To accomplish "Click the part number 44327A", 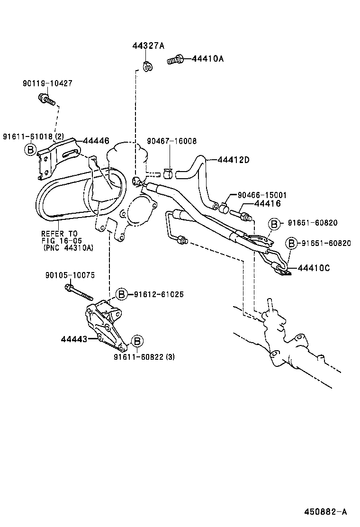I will (x=148, y=45).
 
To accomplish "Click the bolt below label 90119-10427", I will (x=46, y=100).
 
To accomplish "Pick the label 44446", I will (x=96, y=141).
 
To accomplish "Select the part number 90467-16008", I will (x=171, y=141).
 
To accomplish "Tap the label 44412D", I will (x=234, y=160).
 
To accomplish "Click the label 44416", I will (x=268, y=203).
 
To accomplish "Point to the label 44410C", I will (x=314, y=268).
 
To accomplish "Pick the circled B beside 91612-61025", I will (x=121, y=294).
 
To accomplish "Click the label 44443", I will (x=73, y=339).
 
